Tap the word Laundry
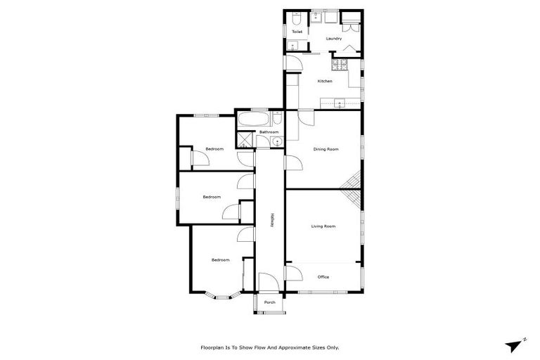334,39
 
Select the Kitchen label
324,81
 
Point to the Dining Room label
326,149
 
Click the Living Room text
323,226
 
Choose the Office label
323,277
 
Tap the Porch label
269,302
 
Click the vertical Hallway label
271,219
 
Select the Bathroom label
269,132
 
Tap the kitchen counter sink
340,104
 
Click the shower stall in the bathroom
245,140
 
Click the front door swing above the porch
268,284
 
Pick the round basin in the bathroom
277,142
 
